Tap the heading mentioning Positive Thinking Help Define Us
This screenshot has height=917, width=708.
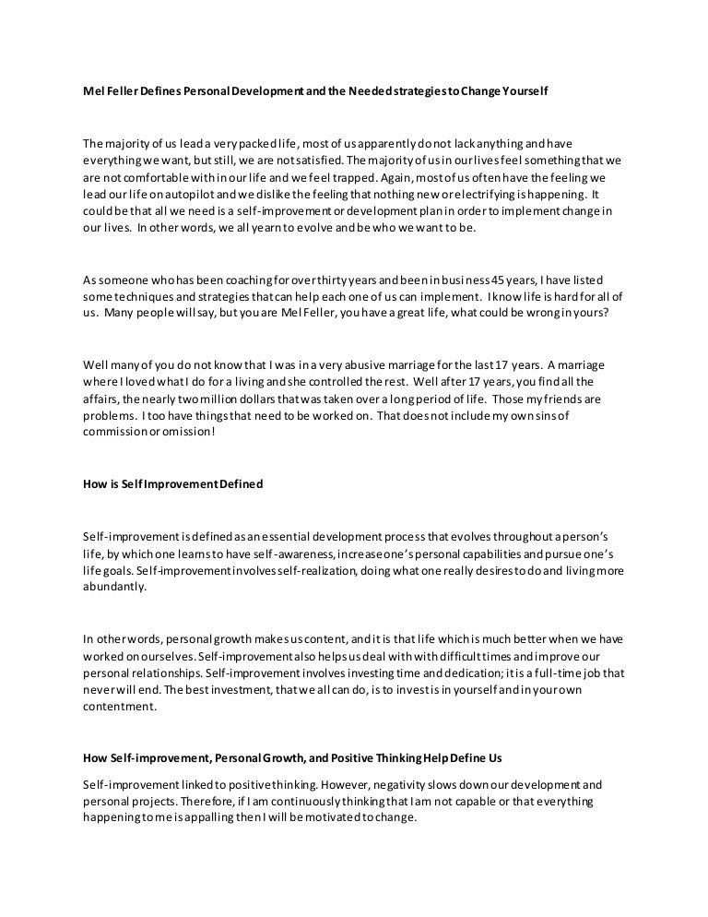[x=292, y=758]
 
